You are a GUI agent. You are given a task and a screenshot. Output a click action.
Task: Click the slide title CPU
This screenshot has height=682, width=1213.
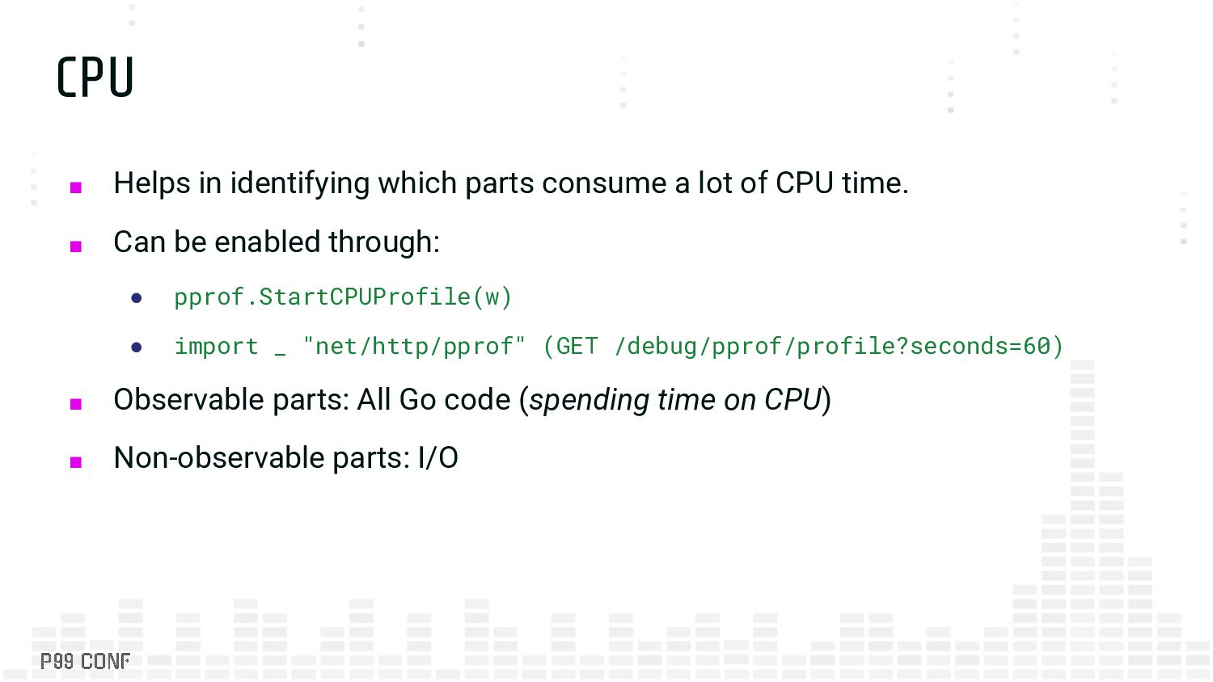pyautogui.click(x=95, y=78)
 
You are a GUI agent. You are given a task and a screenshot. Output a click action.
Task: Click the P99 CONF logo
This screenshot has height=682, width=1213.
pyautogui.click(x=85, y=661)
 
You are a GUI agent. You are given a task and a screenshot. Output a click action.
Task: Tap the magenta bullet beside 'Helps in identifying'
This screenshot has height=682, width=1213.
pyautogui.click(x=76, y=187)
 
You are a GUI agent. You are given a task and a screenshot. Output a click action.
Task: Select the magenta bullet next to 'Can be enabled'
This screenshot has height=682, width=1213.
pyautogui.click(x=76, y=246)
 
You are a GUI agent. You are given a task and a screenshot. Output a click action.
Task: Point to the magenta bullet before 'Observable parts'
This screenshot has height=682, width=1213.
pyautogui.click(x=76, y=404)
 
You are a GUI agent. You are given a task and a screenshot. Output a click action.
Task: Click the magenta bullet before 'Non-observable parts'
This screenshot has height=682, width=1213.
pyautogui.click(x=76, y=462)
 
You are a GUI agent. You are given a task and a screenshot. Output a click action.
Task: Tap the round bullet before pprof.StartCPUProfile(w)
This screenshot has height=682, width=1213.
pyautogui.click(x=137, y=298)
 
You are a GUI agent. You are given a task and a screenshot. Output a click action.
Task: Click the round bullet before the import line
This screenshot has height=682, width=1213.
pyautogui.click(x=137, y=347)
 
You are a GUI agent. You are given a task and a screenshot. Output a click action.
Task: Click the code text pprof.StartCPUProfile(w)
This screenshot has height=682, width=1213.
pyautogui.click(x=343, y=297)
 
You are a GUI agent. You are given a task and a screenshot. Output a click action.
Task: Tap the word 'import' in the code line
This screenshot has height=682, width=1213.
pyautogui.click(x=216, y=347)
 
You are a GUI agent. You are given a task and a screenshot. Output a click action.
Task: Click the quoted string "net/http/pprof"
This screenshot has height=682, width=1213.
pyautogui.click(x=414, y=347)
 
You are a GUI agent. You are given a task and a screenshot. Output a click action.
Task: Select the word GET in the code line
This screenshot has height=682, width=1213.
pyautogui.click(x=577, y=347)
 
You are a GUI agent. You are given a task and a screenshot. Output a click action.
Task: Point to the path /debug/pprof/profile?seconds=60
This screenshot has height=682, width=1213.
pyautogui.click(x=833, y=347)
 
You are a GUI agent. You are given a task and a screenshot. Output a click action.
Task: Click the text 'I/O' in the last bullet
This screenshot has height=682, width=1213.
pyautogui.click(x=437, y=458)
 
